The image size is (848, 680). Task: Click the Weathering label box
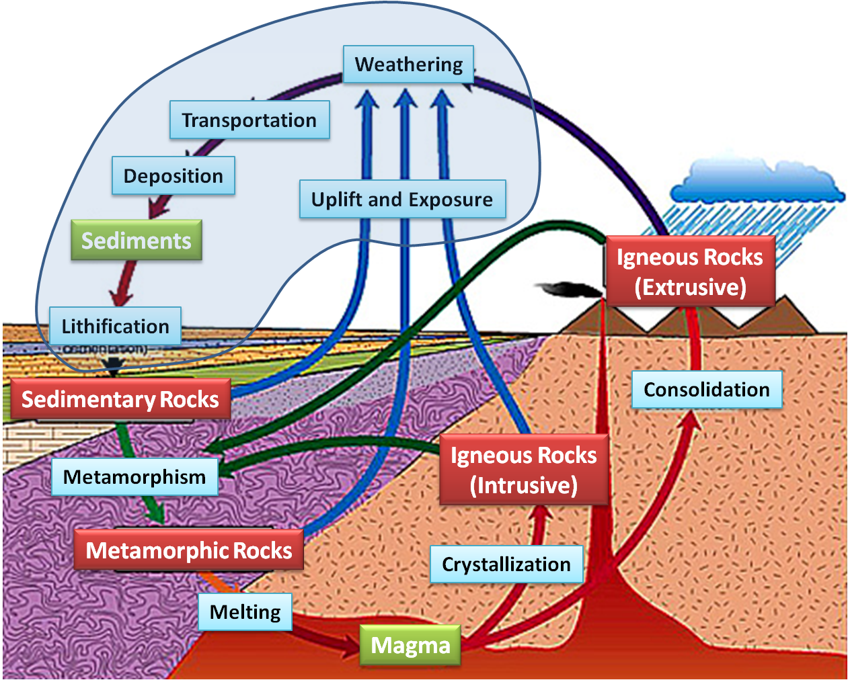(409, 65)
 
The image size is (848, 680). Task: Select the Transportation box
(249, 120)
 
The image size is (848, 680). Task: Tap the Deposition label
(174, 176)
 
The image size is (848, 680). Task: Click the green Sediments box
(137, 241)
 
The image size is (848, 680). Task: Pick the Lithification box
(116, 326)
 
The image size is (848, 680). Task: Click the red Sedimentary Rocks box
(120, 399)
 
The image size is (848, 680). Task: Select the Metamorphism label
(135, 477)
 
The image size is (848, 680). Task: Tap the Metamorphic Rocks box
(189, 550)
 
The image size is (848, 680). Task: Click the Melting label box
(245, 612)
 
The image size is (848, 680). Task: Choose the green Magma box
(410, 646)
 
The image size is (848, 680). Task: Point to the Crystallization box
(506, 564)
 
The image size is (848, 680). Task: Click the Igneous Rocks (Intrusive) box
(524, 470)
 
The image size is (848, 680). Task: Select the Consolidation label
(707, 390)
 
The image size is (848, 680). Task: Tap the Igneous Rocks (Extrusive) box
(691, 271)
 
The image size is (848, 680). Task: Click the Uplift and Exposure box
(402, 200)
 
